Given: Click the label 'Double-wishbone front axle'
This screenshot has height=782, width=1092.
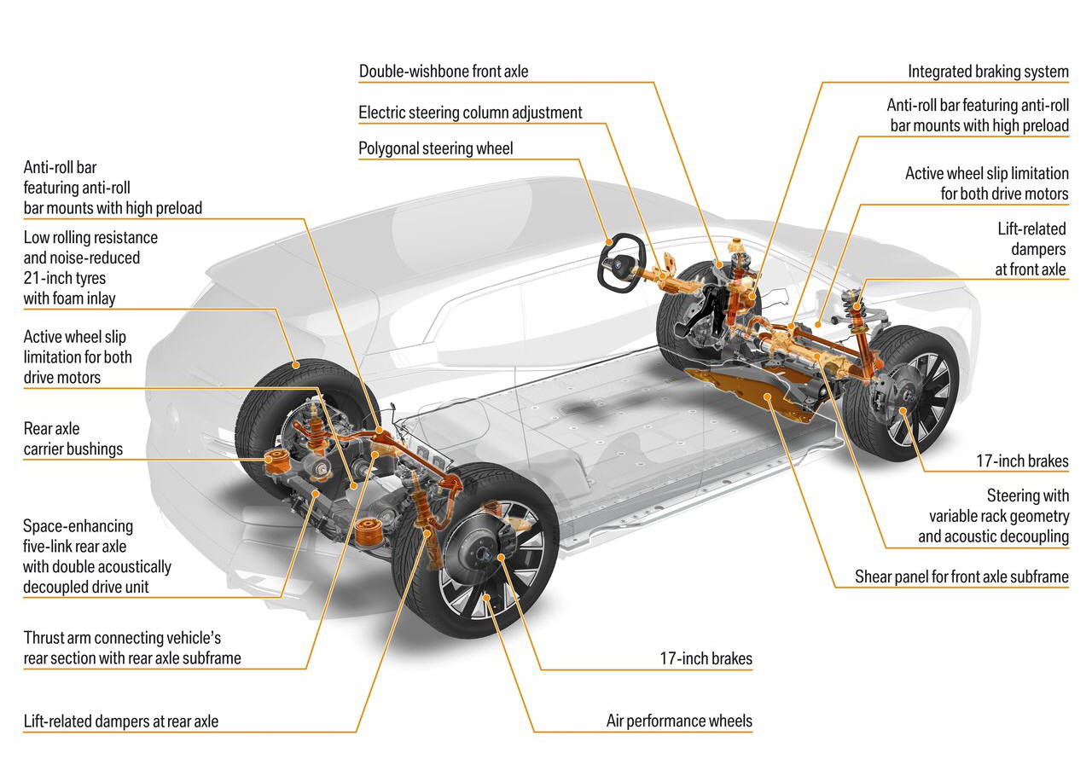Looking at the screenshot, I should point(443,72).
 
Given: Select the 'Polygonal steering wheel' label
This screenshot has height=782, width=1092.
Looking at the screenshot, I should point(436,148).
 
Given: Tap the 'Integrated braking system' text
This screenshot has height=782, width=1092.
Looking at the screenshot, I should point(988,72).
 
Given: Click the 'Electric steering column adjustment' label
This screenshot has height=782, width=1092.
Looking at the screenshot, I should point(470,113).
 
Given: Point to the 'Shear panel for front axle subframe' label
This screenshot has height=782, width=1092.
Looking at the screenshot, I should point(961,577).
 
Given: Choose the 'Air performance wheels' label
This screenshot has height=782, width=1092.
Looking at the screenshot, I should point(679,721).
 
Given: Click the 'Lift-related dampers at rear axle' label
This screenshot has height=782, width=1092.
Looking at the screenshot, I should point(121,721).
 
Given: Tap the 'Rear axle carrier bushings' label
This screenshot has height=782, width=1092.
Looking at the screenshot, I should point(73,438).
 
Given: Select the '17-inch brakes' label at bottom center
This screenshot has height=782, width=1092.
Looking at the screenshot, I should point(706,658).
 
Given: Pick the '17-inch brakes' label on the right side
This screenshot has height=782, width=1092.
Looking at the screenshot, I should point(1022,461).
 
